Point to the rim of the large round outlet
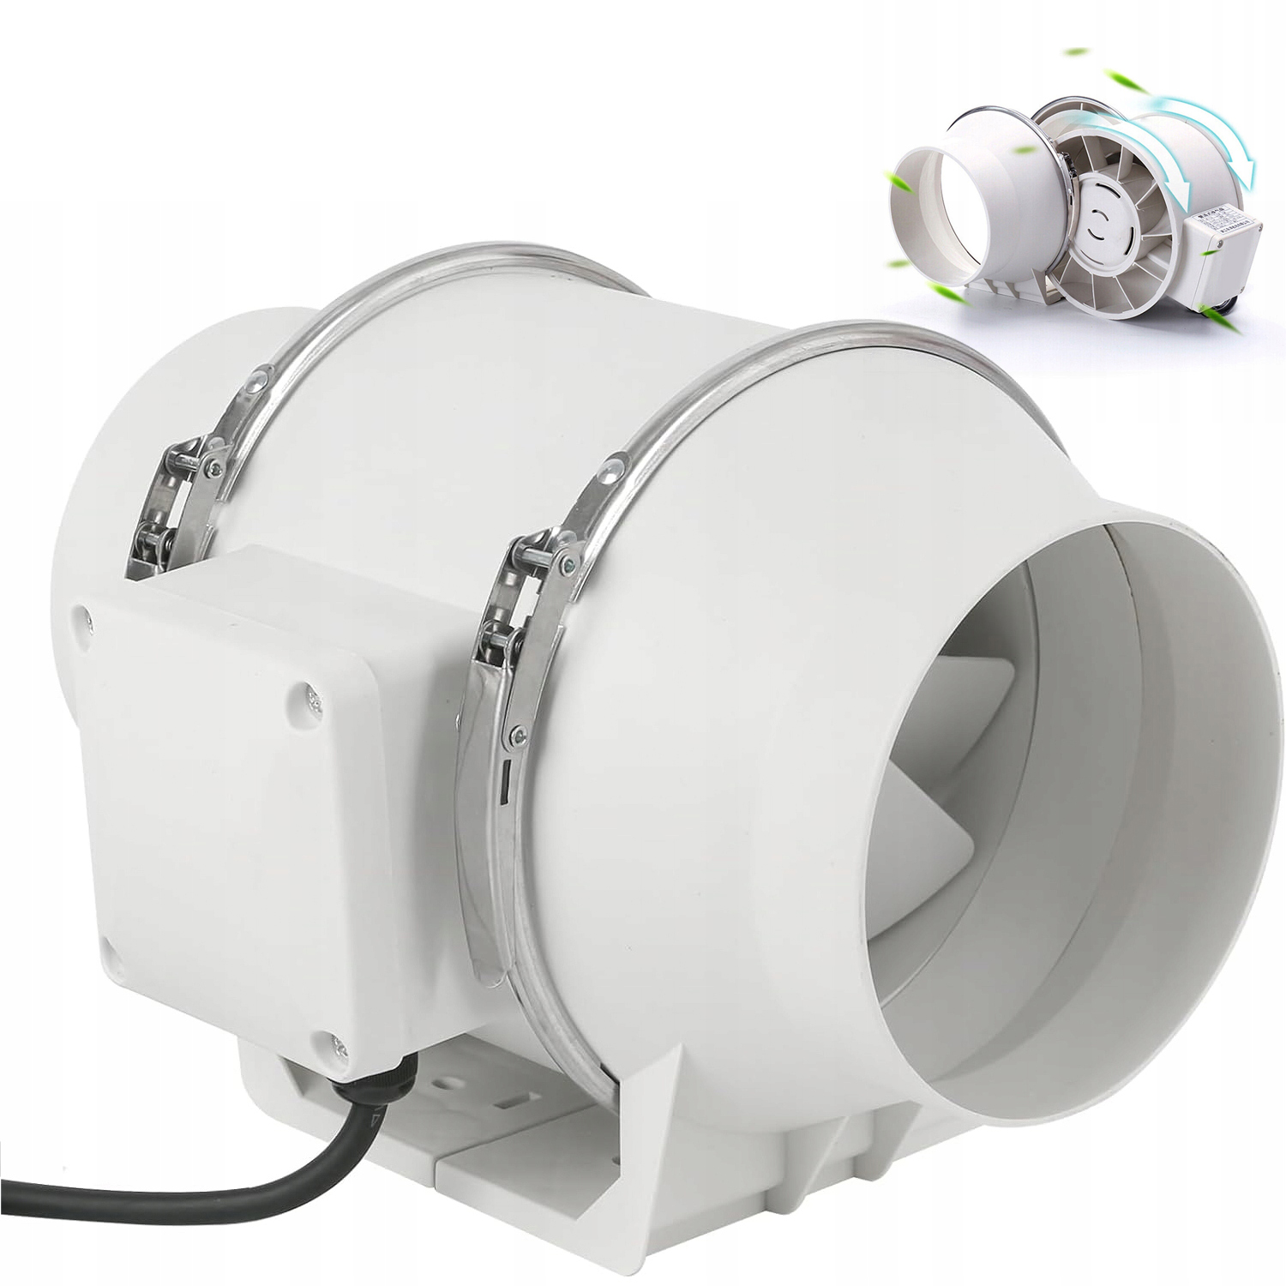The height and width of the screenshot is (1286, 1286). [1235, 772]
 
